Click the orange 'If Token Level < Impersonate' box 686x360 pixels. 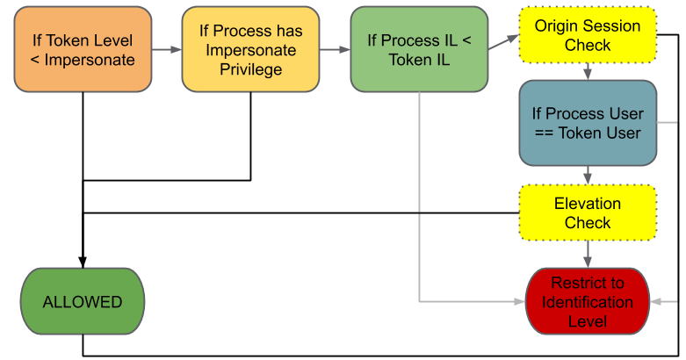pyautogui.click(x=83, y=50)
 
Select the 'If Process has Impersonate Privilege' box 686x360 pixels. pyautogui.click(x=250, y=50)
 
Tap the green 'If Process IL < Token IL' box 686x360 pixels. pyautogui.click(x=418, y=50)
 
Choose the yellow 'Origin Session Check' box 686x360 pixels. pyautogui.click(x=587, y=35)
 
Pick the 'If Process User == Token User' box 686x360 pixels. pyautogui.click(x=587, y=123)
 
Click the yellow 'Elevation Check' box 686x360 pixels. pyautogui.click(x=587, y=212)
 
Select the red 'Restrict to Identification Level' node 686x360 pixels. pyautogui.click(x=587, y=301)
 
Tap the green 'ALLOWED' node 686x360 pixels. pyautogui.click(x=83, y=301)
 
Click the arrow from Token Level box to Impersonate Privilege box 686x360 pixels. pyautogui.click(x=166, y=50)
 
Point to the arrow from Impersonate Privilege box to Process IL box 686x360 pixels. pyautogui.click(x=335, y=50)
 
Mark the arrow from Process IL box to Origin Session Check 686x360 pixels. pyautogui.click(x=502, y=40)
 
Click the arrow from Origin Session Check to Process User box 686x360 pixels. pyautogui.click(x=587, y=72)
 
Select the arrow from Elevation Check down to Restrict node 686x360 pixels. pyautogui.click(x=587, y=254)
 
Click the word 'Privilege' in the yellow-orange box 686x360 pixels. pyautogui.click(x=250, y=68)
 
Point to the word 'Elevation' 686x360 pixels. pyautogui.click(x=587, y=204)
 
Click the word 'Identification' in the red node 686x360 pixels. pyautogui.click(x=587, y=302)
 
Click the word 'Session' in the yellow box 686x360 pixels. pyautogui.click(x=611, y=25)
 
